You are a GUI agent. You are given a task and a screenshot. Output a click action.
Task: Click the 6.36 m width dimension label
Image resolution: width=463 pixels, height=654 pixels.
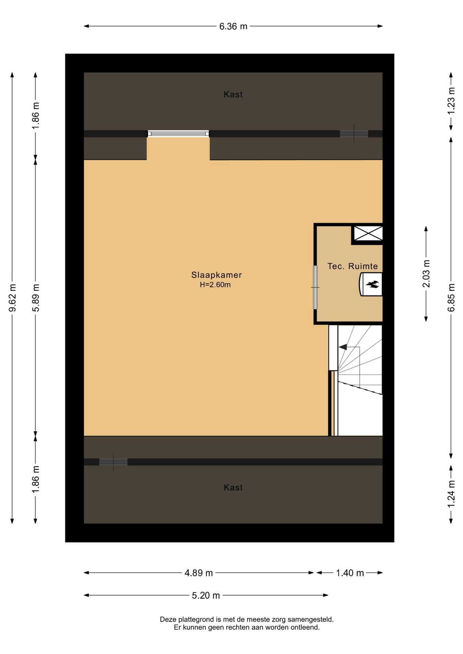click(233, 26)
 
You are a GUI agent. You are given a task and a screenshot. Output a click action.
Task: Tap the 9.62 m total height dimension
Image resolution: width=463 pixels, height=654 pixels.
click(13, 298)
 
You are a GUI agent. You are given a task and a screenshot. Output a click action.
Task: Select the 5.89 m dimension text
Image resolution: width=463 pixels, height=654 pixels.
click(36, 298)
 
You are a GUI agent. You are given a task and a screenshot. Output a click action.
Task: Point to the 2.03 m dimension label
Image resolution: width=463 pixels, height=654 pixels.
click(426, 274)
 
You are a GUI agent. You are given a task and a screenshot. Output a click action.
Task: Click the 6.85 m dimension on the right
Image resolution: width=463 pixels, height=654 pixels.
click(451, 298)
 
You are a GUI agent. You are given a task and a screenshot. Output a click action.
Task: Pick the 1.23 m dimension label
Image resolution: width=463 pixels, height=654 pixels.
click(451, 101)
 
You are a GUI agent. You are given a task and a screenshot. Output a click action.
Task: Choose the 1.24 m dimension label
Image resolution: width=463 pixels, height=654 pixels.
click(451, 494)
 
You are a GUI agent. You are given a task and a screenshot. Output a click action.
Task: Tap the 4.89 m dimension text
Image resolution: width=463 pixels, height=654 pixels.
click(198, 573)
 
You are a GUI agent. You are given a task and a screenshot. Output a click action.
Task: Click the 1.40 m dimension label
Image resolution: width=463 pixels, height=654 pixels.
click(350, 573)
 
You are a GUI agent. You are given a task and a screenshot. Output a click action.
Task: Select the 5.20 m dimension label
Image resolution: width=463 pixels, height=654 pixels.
click(206, 595)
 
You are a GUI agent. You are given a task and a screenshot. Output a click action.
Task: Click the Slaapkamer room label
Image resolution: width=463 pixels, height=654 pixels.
click(216, 275)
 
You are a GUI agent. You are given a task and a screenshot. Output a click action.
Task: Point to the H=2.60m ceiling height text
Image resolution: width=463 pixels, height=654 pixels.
click(215, 285)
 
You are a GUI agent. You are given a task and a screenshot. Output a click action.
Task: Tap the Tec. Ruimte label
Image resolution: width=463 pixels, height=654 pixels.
click(353, 266)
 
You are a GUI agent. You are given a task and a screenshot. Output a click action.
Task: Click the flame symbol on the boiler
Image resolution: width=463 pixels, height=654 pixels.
click(372, 284)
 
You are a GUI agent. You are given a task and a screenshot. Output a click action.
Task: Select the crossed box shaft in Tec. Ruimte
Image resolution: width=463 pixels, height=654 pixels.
click(368, 234)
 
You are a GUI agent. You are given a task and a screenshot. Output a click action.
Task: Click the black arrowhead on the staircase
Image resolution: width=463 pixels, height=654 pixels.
click(343, 347)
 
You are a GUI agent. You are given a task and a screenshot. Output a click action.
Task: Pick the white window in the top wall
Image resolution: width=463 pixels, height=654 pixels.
click(178, 134)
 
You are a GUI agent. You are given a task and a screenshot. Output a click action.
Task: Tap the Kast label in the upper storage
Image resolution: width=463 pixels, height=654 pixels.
click(233, 95)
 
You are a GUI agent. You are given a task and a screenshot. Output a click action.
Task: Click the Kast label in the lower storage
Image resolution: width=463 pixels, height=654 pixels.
click(233, 487)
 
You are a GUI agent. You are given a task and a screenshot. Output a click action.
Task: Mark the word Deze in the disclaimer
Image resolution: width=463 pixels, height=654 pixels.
click(168, 620)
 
